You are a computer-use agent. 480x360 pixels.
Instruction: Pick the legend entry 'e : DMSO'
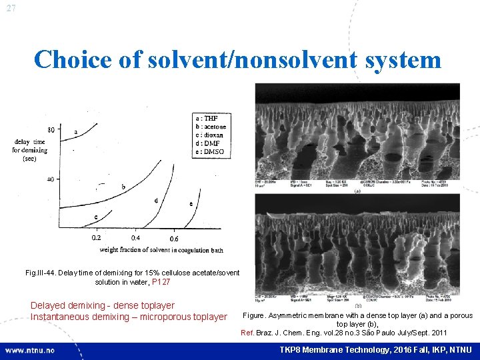(209, 151)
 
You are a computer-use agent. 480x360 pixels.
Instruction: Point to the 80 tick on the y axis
(51, 129)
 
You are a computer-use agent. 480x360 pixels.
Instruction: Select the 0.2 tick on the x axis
(96, 238)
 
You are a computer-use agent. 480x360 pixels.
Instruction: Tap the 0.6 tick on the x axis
(173, 238)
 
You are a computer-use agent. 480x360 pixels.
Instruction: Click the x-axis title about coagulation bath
(161, 251)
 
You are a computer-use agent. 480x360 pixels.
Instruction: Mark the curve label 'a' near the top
(75, 131)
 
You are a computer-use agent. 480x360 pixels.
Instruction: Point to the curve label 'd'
(156, 200)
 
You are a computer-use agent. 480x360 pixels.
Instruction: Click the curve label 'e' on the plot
(191, 203)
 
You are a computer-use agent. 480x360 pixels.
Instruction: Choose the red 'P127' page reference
(161, 282)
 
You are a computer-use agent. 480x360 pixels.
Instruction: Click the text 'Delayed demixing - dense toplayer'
(102, 305)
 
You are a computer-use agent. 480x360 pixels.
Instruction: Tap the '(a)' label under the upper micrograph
(359, 190)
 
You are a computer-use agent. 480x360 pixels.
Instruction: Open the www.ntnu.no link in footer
(30, 350)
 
